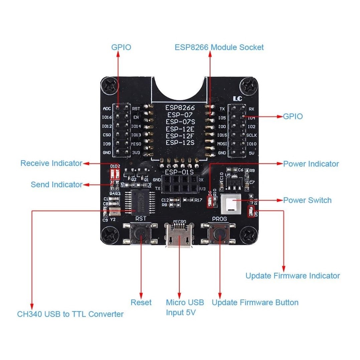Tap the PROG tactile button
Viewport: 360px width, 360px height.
(219, 234)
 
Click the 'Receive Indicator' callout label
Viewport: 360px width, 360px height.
(51, 163)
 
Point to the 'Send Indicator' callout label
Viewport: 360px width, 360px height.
(56, 184)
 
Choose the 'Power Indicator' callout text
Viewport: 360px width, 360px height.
(311, 164)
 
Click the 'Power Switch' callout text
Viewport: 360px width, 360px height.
(307, 200)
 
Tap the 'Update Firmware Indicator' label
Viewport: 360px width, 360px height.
(293, 276)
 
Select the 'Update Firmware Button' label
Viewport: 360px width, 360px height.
(255, 303)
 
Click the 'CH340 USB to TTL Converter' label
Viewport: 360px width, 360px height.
(70, 314)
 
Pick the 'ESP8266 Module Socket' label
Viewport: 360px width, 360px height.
(219, 47)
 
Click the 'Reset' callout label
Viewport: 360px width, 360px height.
(141, 303)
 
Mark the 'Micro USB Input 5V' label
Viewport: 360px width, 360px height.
(185, 308)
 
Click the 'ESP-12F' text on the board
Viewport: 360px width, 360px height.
(180, 136)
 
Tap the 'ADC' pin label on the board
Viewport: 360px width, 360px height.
(107, 109)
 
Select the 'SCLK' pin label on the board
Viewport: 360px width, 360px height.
(252, 135)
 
